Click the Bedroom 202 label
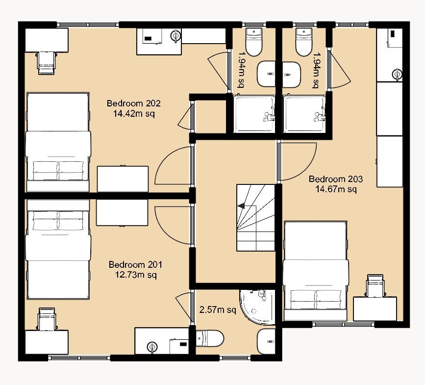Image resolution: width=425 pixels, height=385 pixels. [x=134, y=103]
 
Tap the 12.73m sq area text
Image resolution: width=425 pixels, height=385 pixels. [x=136, y=275]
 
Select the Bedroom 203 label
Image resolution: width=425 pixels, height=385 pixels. [x=336, y=179]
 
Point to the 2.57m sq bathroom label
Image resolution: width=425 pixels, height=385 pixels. [x=218, y=309]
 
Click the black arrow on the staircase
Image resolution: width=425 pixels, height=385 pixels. [x=241, y=206]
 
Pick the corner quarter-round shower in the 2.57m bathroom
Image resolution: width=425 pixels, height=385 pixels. [x=257, y=307]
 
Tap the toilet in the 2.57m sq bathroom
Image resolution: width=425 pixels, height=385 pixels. [x=210, y=338]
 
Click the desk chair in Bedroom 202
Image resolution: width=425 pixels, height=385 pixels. [x=47, y=63]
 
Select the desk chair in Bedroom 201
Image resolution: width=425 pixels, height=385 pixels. [x=47, y=319]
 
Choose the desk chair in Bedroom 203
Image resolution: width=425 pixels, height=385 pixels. [x=375, y=286]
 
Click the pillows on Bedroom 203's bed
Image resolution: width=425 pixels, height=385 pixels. [x=316, y=300]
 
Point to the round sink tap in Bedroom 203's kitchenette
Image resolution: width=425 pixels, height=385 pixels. [x=397, y=74]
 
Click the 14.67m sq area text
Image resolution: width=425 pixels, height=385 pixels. [x=336, y=189]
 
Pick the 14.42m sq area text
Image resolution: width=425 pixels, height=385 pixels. [x=134, y=113]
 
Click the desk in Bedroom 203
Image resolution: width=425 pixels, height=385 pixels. [x=375, y=309]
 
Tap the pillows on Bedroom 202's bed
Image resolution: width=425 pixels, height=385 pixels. [x=58, y=171]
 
